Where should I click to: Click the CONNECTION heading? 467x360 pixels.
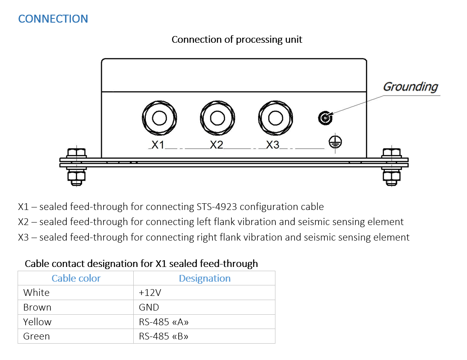[x=53, y=19]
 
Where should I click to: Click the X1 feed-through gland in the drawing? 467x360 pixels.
[x=159, y=118]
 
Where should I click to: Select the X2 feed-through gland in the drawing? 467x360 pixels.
[x=218, y=118]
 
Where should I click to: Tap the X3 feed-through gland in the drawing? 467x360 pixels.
[x=275, y=118]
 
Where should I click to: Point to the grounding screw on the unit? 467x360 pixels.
[x=325, y=118]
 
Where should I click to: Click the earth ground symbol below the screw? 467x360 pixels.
[x=335, y=142]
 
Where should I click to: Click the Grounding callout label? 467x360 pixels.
[x=410, y=87]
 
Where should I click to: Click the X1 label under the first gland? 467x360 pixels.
[x=158, y=145]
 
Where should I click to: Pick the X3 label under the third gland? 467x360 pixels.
[x=272, y=145]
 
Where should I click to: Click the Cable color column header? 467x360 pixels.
[x=76, y=278]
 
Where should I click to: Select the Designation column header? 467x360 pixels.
[x=205, y=278]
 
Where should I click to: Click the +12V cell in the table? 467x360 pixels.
[x=150, y=293]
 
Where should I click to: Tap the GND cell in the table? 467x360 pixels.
[x=149, y=307]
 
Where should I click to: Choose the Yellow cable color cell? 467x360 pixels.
[x=37, y=321]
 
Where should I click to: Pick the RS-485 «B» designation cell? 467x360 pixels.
[x=163, y=336]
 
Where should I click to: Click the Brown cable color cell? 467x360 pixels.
[x=37, y=307]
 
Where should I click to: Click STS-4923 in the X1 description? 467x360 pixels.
[x=217, y=206]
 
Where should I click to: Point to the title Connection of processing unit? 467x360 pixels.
[x=237, y=39]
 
